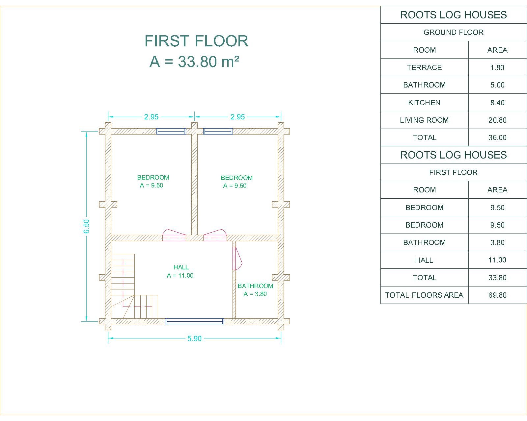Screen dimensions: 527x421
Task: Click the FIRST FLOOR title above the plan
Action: click(x=196, y=41)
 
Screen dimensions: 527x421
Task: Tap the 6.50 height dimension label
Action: click(x=87, y=226)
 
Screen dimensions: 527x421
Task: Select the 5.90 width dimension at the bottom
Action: click(x=194, y=338)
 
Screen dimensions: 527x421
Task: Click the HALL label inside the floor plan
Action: click(x=181, y=267)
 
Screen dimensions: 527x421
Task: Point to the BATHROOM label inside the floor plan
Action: click(x=255, y=286)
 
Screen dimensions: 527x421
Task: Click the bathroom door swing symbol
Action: click(x=237, y=258)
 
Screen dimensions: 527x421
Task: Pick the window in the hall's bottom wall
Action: click(x=194, y=321)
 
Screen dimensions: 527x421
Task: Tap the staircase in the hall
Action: click(x=134, y=286)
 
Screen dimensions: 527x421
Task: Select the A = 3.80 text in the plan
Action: click(x=255, y=294)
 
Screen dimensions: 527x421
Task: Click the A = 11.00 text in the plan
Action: click(x=180, y=275)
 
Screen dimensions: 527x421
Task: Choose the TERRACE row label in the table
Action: click(x=424, y=67)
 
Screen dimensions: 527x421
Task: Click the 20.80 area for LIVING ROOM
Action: click(x=497, y=120)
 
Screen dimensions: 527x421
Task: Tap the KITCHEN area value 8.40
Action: click(x=497, y=103)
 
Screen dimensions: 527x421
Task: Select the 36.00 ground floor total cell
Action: click(x=497, y=137)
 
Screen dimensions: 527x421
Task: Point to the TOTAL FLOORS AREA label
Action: click(x=424, y=295)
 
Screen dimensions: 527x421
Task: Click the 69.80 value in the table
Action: click(x=497, y=295)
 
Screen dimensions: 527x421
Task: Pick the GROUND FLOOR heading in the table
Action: click(x=454, y=32)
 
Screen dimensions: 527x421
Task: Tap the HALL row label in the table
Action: click(x=424, y=260)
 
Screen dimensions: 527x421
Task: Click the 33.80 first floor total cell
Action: click(x=497, y=278)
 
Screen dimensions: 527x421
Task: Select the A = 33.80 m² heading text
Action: click(x=194, y=62)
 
